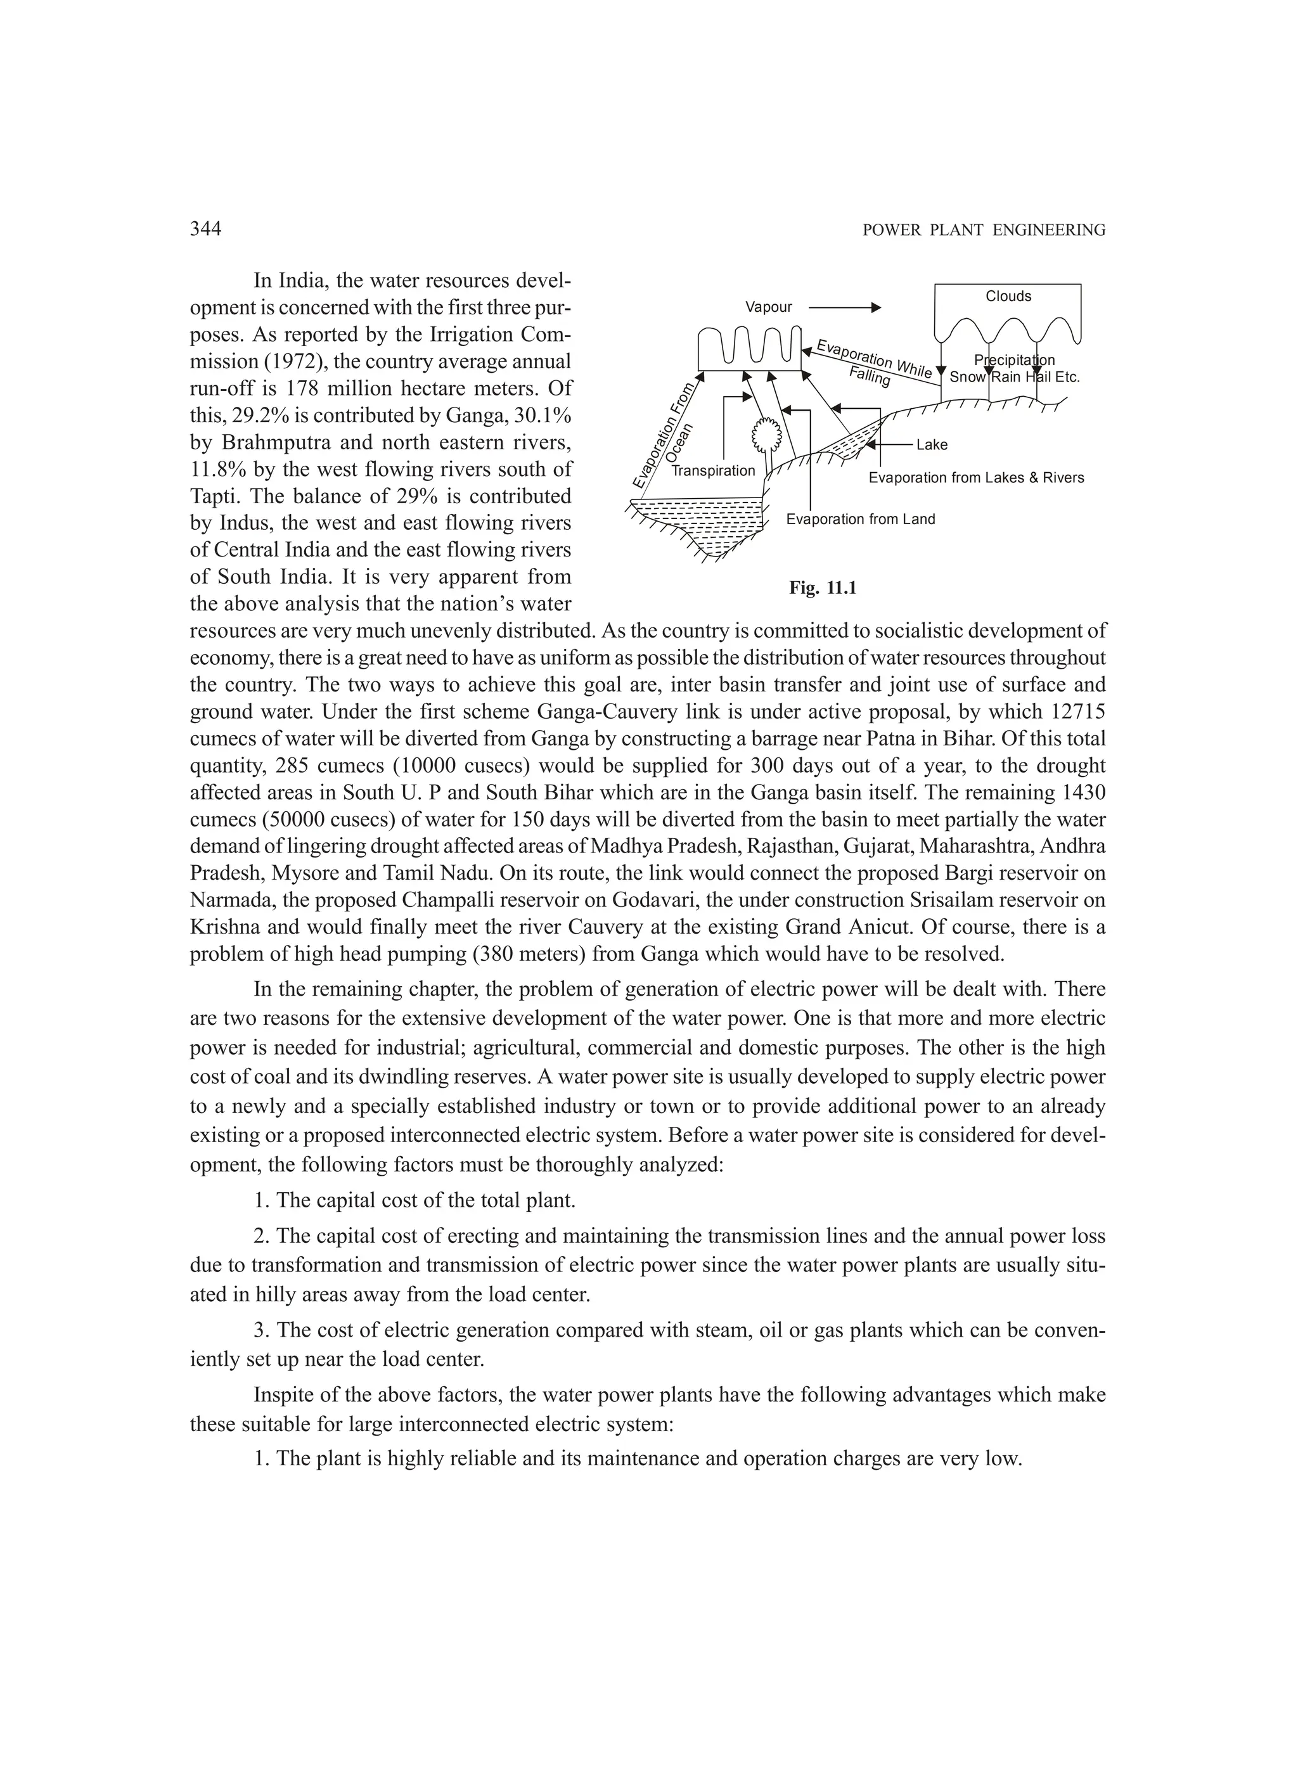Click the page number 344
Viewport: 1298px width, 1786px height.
[205, 229]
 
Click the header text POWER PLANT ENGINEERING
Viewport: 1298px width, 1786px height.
[984, 231]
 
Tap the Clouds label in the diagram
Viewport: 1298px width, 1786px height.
[1008, 296]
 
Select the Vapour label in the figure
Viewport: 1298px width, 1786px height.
[769, 308]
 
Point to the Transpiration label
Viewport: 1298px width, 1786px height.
[713, 471]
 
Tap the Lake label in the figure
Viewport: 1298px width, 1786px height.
[932, 445]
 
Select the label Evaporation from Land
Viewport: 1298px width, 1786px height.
[860, 519]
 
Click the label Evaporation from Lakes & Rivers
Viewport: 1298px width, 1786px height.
[976, 478]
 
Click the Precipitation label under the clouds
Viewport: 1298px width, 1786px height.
[1015, 360]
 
